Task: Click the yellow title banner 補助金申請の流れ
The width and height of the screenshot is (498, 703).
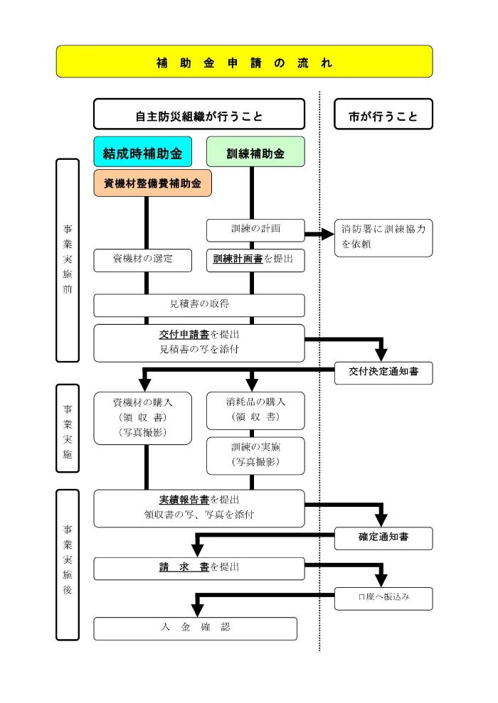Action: coord(244,62)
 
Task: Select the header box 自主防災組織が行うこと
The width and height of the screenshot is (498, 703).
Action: coord(198,114)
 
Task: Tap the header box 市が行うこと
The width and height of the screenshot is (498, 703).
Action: coord(383,114)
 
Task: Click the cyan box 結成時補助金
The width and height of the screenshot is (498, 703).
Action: coord(142,152)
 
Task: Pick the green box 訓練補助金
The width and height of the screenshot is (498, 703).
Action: coord(255,152)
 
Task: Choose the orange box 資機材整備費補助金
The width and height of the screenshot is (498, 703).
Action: coord(152,183)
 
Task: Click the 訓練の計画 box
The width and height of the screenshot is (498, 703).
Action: coord(255,230)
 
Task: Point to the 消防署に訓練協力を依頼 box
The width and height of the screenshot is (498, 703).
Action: coord(383,237)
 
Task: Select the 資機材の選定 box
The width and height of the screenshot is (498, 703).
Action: coord(142,260)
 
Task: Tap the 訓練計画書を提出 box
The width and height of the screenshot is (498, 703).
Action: coord(255,260)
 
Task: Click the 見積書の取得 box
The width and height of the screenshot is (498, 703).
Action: coord(198,304)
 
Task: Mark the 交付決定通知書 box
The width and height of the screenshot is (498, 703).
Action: coord(383,372)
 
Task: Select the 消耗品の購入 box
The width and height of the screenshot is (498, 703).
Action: coord(255,409)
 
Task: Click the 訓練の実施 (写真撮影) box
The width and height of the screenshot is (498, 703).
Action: coord(255,455)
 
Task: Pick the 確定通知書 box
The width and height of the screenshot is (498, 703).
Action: coord(383,538)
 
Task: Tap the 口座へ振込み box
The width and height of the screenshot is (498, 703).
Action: coord(383,599)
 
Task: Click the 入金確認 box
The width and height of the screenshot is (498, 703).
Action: coord(195,628)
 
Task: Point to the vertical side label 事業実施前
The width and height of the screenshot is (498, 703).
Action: coord(67,260)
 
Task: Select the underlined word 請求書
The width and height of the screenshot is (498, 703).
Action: coord(184,567)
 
